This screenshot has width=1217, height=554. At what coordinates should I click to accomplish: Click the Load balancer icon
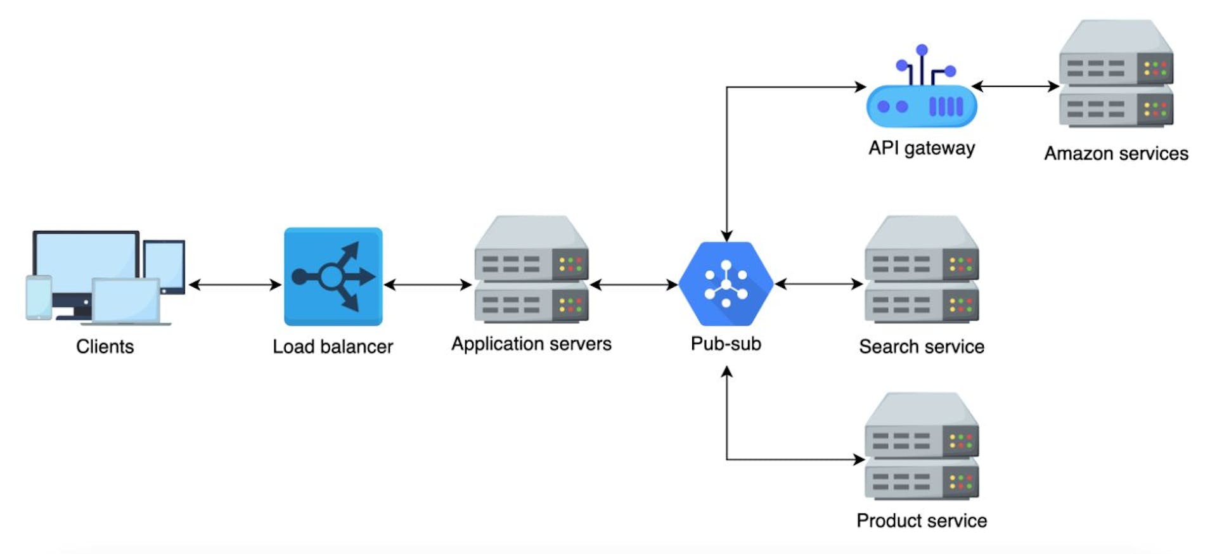(x=333, y=277)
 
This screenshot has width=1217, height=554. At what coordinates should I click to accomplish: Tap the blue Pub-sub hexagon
(x=726, y=283)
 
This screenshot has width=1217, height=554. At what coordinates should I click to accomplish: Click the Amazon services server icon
(x=1116, y=74)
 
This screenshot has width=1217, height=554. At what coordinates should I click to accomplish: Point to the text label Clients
(x=105, y=347)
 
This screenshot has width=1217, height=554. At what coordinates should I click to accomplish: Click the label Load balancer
(x=333, y=347)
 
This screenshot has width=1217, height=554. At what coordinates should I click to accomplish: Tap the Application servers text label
(x=531, y=344)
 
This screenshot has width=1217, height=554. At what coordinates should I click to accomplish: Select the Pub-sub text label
(x=726, y=344)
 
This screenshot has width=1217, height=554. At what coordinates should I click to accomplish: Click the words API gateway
(x=921, y=148)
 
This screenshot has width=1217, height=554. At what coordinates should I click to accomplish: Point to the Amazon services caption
(x=1116, y=153)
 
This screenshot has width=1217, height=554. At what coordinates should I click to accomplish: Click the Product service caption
(x=921, y=520)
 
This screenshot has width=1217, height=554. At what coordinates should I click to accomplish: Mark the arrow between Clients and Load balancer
(x=235, y=285)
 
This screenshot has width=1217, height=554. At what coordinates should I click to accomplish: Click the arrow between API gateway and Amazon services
(x=1015, y=86)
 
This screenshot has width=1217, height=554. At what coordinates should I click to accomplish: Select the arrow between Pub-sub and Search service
(x=819, y=284)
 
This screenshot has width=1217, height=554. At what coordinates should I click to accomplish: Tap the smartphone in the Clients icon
(x=39, y=297)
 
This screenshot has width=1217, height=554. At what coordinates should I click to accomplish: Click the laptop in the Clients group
(x=127, y=302)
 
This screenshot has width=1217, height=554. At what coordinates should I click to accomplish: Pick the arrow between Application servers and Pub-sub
(x=634, y=285)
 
